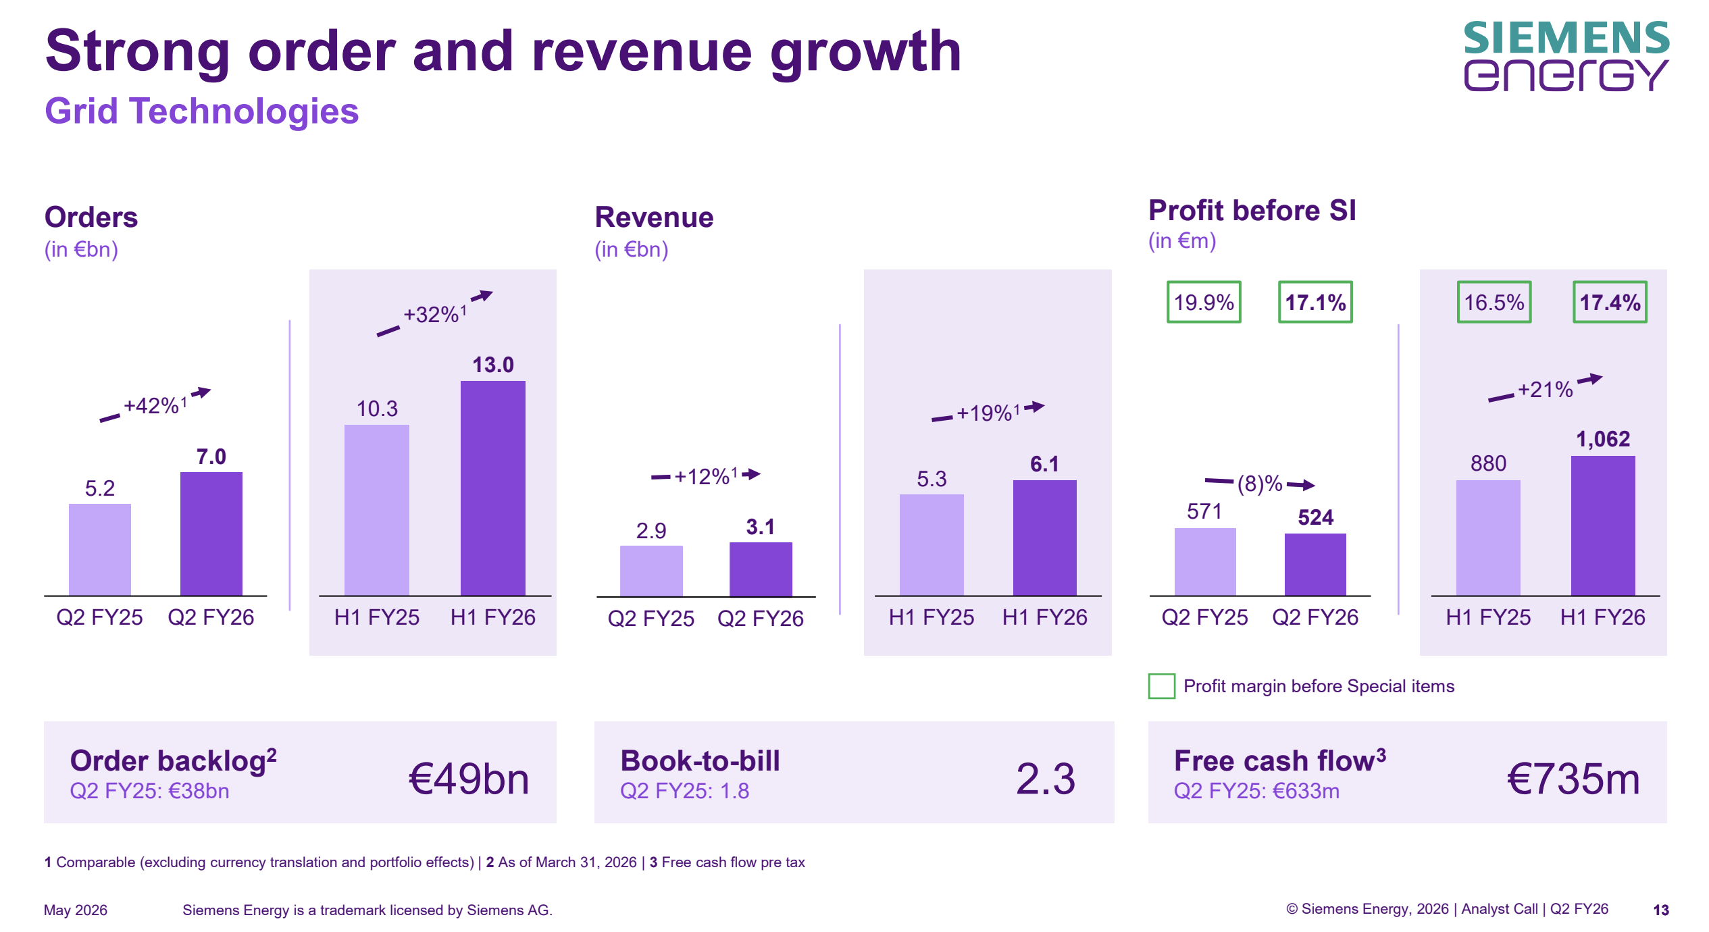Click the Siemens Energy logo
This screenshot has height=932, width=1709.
(1566, 56)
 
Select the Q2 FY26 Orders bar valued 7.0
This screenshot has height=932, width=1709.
(211, 534)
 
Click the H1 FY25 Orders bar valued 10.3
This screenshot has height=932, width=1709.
(377, 510)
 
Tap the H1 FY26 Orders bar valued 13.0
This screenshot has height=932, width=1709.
(493, 488)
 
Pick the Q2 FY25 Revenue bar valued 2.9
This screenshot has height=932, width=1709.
(651, 571)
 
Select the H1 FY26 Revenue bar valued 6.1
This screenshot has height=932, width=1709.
(1045, 538)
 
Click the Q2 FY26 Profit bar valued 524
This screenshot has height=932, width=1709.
(1315, 565)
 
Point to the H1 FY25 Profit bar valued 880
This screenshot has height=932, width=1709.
(1488, 538)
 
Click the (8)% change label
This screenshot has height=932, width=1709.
(1260, 484)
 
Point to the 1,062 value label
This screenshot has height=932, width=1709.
(1603, 440)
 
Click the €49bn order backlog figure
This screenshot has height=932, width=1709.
(469, 779)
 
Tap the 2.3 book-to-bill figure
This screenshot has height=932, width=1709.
(1045, 779)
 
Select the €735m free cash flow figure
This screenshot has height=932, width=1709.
(1573, 779)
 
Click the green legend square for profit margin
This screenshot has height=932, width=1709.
(1162, 686)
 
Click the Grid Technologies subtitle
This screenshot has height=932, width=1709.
(201, 111)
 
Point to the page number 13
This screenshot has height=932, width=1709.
(1661, 910)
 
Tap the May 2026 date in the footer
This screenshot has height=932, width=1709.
(76, 910)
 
